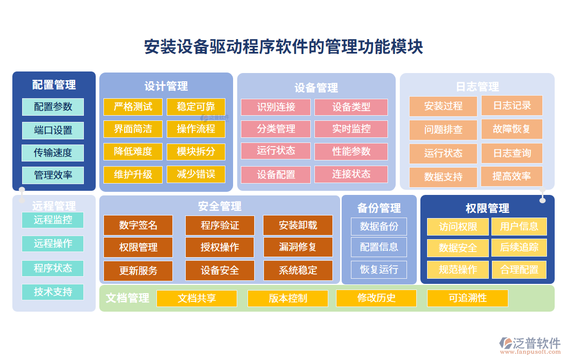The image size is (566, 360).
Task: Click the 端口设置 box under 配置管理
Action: [x=53, y=130]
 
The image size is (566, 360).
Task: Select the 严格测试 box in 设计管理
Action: [x=133, y=106]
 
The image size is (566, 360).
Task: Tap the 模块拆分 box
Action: [x=196, y=152]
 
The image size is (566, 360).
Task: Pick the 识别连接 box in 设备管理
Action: [x=276, y=107]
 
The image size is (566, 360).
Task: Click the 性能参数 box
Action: [x=351, y=152]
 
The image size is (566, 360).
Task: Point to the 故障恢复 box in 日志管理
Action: [x=511, y=129]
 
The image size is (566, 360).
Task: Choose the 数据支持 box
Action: [x=443, y=177]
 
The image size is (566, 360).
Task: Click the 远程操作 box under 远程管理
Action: [x=53, y=243]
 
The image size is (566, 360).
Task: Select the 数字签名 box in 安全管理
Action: [x=138, y=225]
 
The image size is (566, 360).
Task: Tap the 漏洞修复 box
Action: [x=298, y=247]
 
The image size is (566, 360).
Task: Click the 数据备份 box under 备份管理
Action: [x=379, y=226]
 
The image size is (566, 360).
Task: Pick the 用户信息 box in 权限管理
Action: [x=519, y=226]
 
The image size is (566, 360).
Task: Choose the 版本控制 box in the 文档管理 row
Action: [x=288, y=298]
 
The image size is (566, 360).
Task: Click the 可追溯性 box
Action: [x=467, y=298]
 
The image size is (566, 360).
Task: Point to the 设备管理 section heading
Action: [x=316, y=87]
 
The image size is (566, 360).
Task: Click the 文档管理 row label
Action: [x=128, y=298]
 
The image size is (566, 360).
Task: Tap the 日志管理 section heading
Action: [x=477, y=86]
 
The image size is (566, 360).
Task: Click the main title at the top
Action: [x=284, y=47]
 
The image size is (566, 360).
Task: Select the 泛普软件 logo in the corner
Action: [x=529, y=344]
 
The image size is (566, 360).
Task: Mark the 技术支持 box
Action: [x=53, y=292]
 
